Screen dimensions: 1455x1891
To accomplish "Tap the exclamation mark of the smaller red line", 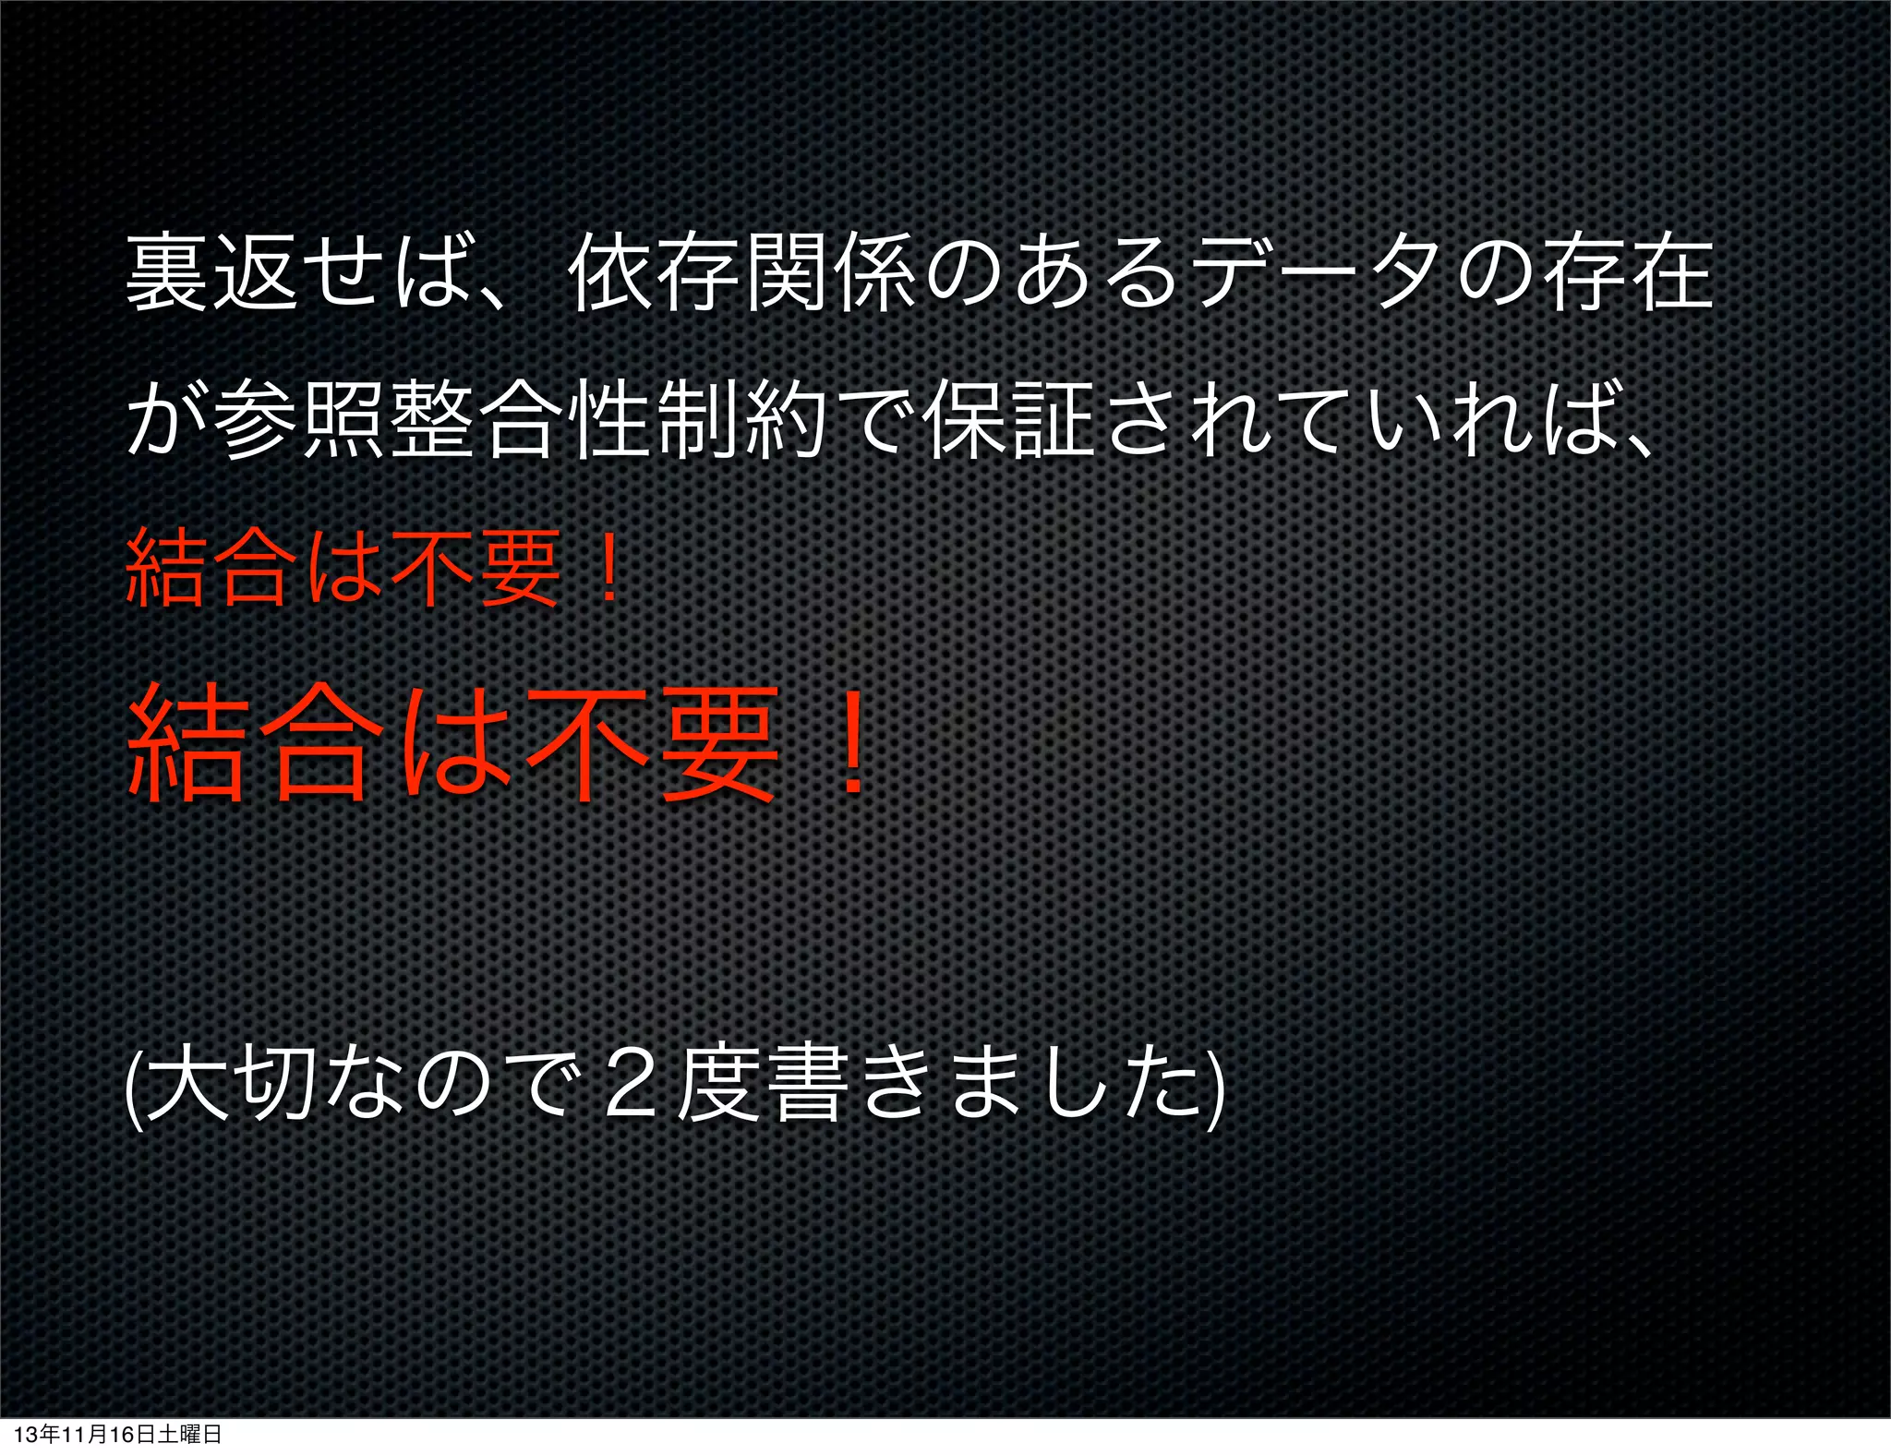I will coord(608,571).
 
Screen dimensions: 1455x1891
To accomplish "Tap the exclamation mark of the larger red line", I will coord(850,744).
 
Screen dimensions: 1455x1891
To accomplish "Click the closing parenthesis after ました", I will coord(1217,1086).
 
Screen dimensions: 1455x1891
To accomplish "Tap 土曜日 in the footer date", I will coord(190,1435).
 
